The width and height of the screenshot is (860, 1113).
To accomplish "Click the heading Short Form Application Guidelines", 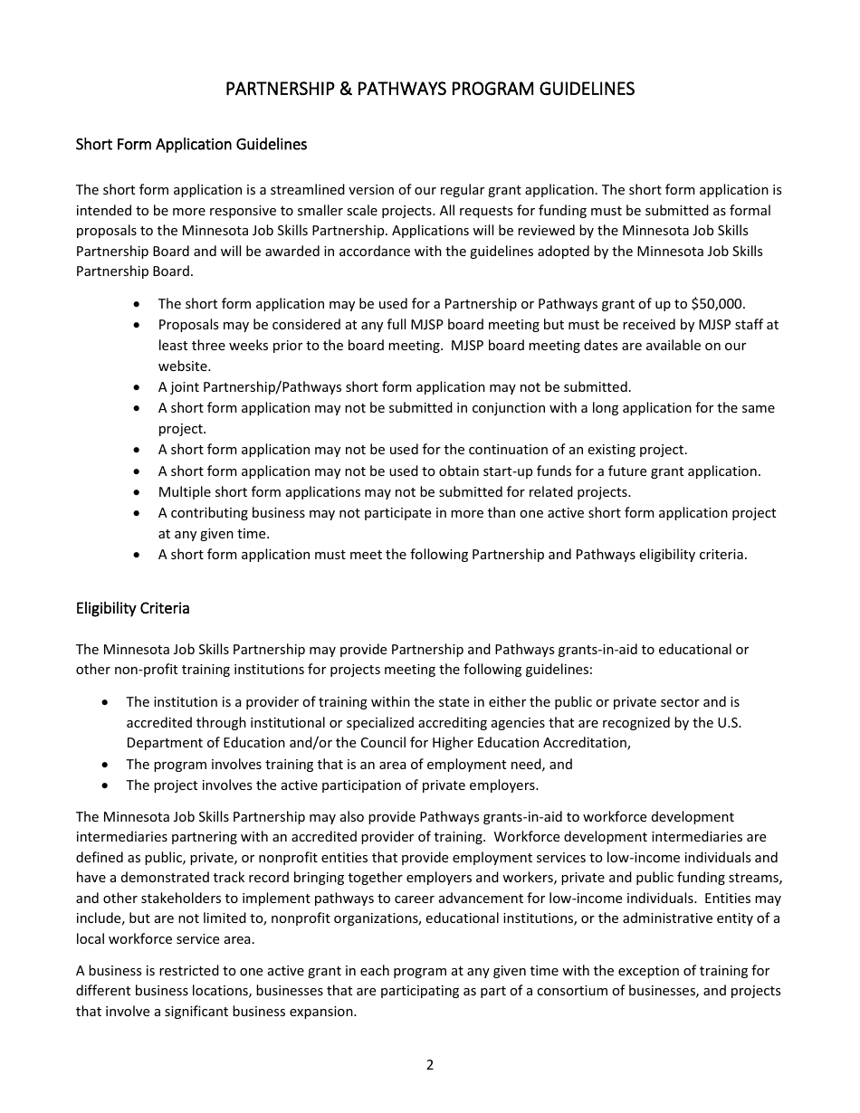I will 191,144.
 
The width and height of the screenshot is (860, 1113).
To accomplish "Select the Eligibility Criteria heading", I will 133,608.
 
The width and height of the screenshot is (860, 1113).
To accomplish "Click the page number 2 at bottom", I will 430,1065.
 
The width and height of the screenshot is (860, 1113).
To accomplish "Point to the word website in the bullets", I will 184,366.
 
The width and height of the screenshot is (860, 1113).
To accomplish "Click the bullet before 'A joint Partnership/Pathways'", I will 137,387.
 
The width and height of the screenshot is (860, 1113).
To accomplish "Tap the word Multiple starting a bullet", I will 184,492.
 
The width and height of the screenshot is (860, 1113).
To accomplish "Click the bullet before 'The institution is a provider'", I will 107,702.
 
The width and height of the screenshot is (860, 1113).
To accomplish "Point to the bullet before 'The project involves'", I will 107,785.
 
